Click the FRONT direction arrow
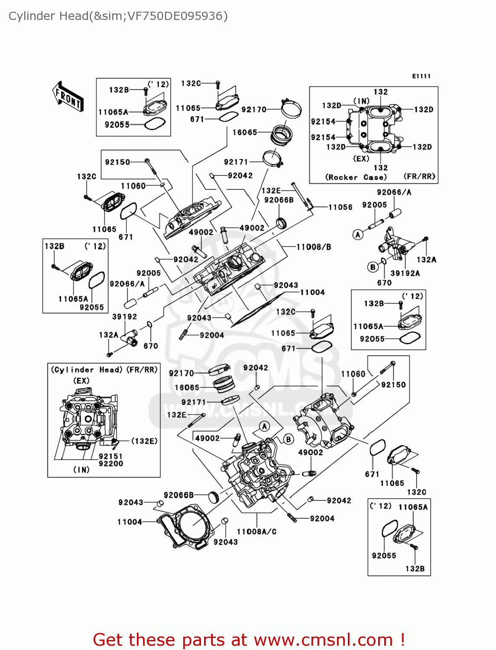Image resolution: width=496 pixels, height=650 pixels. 68,96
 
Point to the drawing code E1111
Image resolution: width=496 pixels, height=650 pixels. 421,76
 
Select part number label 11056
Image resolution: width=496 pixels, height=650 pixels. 340,207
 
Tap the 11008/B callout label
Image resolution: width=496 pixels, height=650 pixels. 314,247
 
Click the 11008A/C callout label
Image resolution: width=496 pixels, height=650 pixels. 256,532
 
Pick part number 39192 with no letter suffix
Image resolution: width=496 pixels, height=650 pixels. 124,317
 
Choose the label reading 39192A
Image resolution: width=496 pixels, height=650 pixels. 405,273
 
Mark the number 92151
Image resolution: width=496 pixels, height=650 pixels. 110,456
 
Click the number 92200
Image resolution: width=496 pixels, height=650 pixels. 110,464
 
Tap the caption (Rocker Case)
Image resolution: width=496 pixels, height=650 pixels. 356,177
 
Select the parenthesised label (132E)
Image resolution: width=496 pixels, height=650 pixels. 144,441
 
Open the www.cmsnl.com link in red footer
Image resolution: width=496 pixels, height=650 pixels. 323,640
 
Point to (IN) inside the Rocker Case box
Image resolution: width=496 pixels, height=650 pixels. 362,101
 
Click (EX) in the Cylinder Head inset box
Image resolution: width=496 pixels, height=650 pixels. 81,380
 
